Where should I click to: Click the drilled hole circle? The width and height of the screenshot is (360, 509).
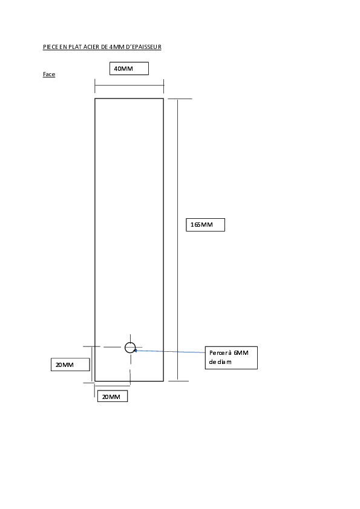point(130,343)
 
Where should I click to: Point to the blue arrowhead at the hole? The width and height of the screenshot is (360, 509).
point(136,350)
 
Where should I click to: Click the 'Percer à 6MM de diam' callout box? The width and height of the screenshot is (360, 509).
point(231,358)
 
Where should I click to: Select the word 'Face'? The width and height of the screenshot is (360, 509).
point(49,74)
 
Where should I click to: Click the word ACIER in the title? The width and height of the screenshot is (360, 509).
point(91,47)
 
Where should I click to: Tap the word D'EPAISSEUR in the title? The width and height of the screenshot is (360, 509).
point(143,47)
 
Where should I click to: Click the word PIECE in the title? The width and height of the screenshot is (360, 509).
point(51,47)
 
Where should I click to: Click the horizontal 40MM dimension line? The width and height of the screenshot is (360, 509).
point(129,85)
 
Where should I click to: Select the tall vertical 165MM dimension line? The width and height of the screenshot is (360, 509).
point(177,239)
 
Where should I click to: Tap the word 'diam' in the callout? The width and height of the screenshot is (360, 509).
point(224,362)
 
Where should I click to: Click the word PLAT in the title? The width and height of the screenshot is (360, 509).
point(75,47)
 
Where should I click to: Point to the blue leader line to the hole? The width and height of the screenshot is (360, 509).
point(169,351)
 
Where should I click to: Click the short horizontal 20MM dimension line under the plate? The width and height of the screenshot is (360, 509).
point(113,386)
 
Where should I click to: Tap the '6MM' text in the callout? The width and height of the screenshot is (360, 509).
point(241,353)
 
